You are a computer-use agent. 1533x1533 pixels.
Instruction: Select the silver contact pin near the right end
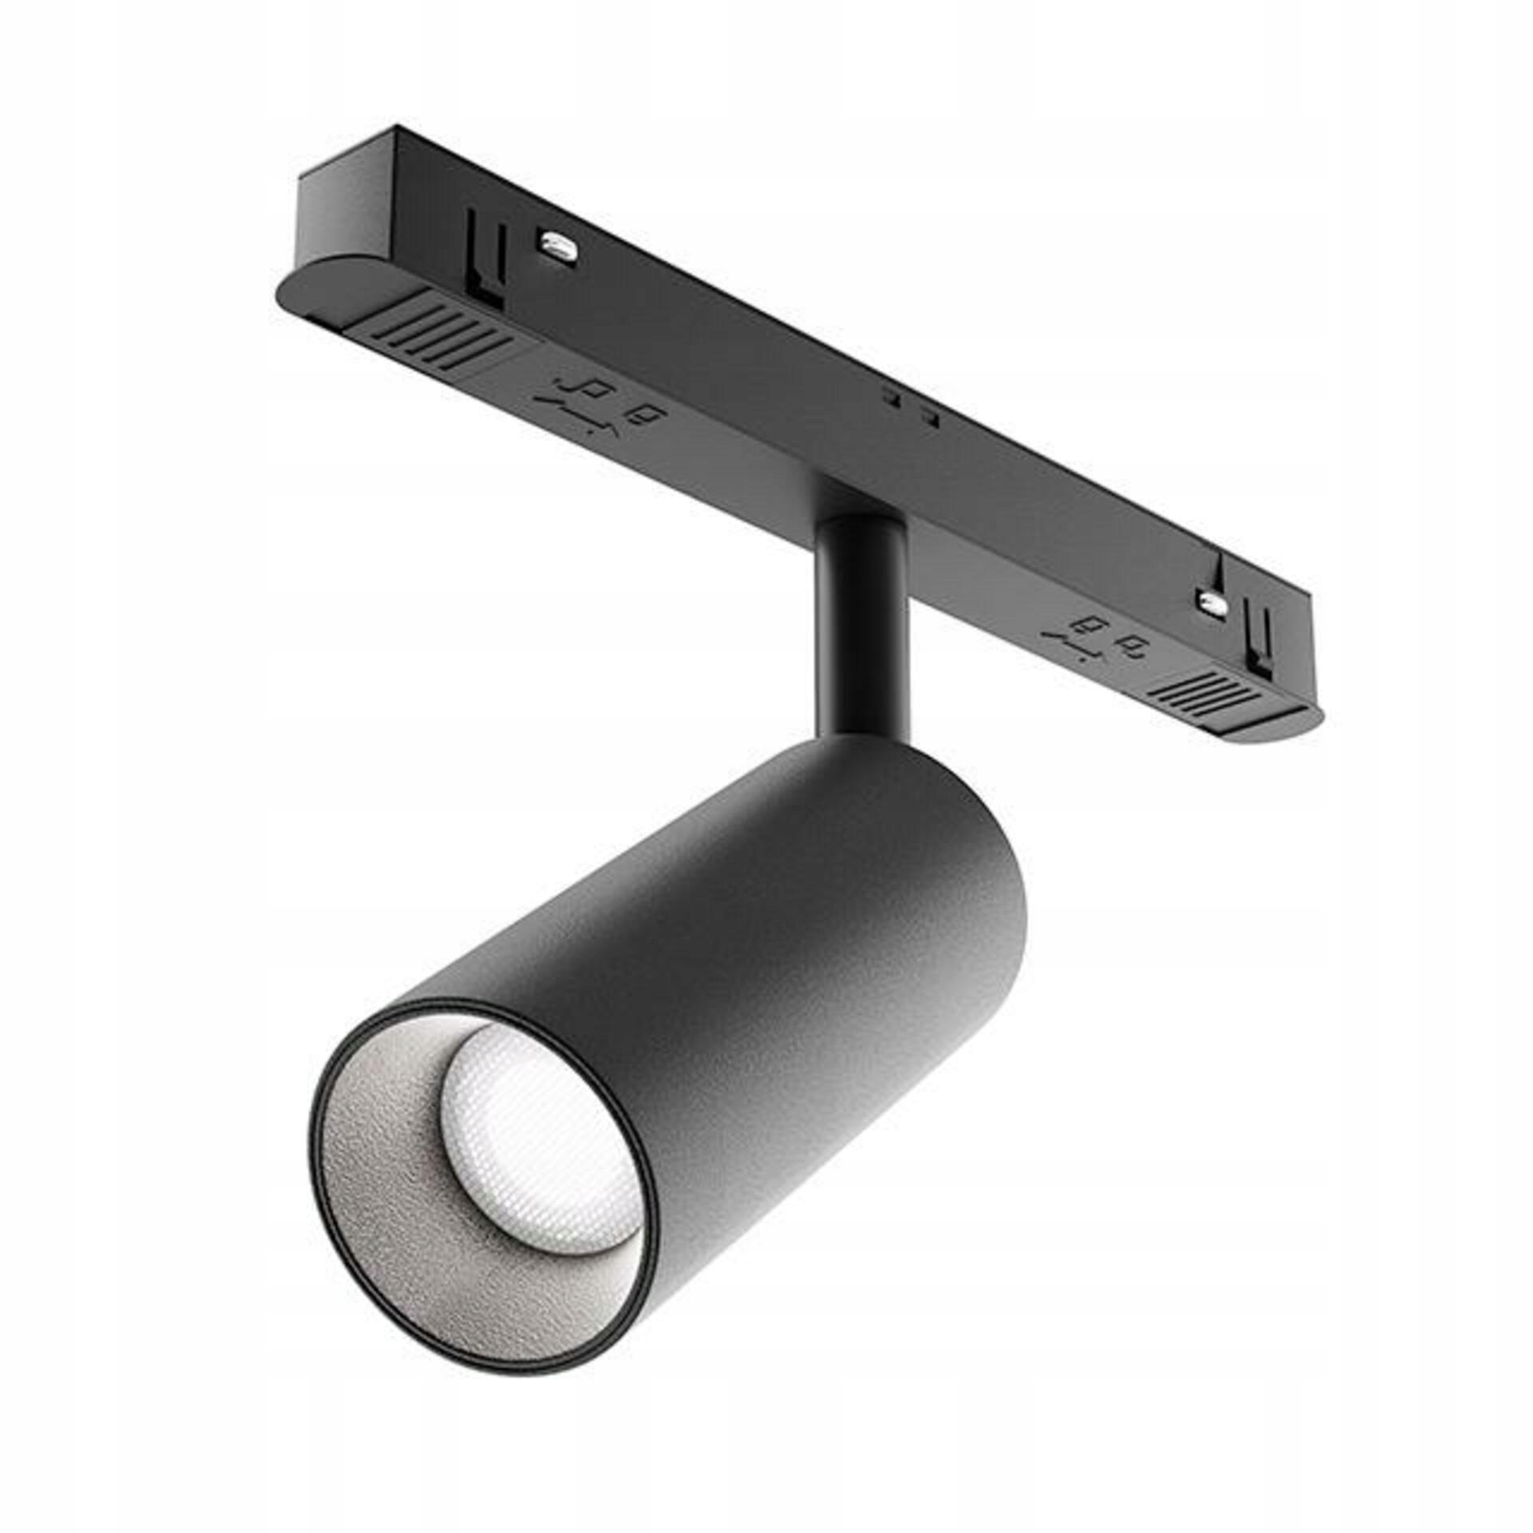(1213, 602)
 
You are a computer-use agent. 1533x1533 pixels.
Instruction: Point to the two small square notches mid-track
(908, 405)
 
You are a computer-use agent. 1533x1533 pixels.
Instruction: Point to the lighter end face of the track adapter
(343, 204)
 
